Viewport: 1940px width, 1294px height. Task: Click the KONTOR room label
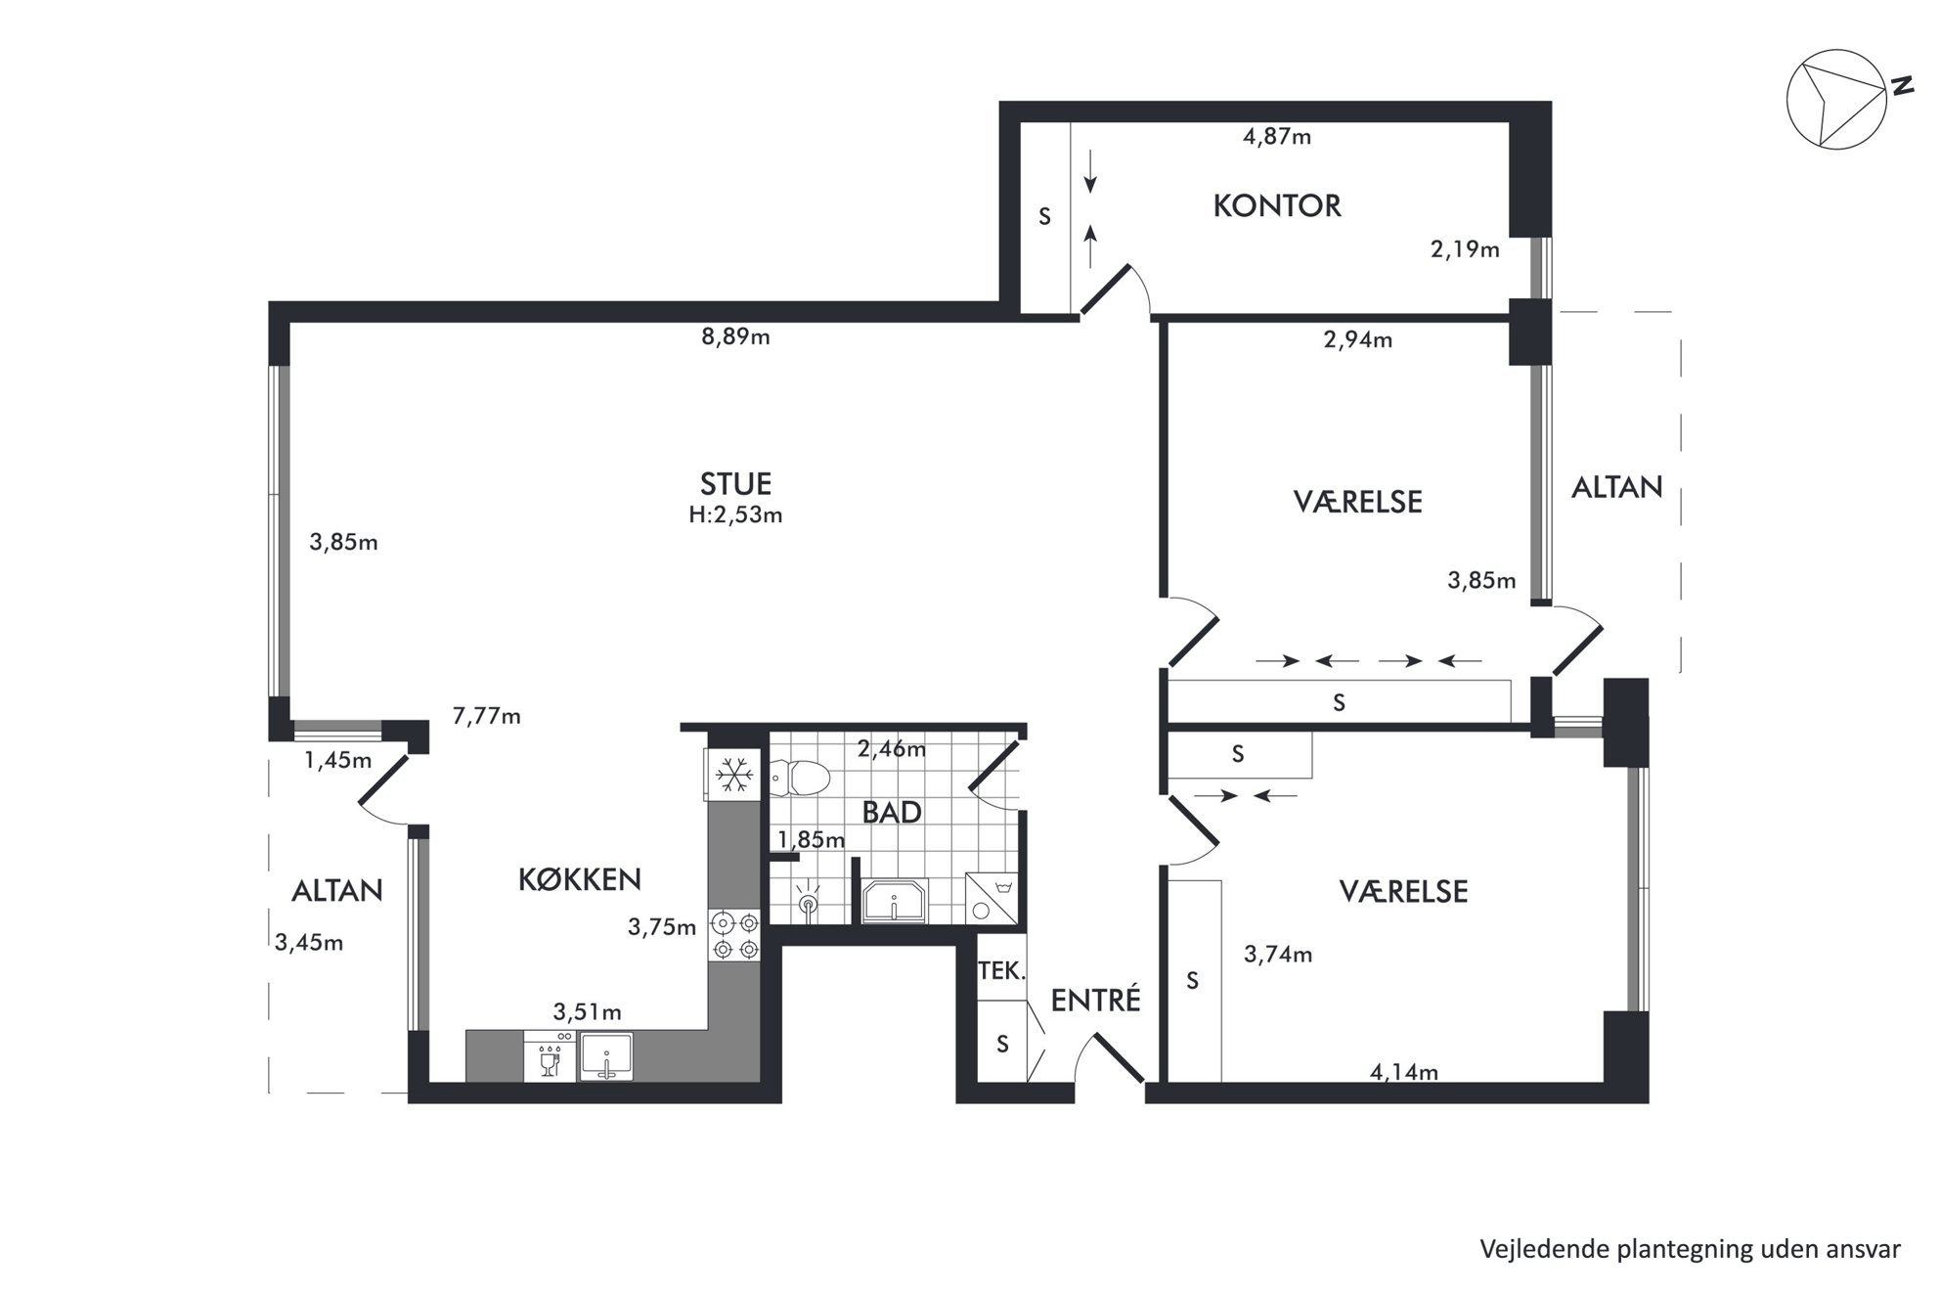pos(1277,206)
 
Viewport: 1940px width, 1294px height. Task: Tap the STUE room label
pos(735,484)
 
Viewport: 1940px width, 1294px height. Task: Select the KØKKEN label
pos(580,879)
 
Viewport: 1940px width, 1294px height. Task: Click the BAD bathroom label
pos(892,812)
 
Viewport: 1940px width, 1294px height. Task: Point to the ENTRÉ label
pos(1095,999)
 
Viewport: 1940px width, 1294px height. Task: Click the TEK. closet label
pos(1002,971)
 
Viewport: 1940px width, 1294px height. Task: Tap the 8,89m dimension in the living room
pos(735,337)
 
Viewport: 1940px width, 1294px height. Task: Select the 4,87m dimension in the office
pos(1277,137)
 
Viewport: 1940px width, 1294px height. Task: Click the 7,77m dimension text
pos(486,717)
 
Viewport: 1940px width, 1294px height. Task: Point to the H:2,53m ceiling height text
pos(735,515)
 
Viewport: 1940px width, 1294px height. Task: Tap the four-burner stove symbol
pos(734,935)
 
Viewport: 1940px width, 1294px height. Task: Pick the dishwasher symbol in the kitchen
pos(550,1057)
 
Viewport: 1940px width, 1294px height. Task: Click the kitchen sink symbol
pos(606,1057)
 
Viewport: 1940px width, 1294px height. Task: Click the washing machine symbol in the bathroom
pos(992,898)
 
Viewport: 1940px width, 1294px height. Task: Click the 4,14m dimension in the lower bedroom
pos(1404,1072)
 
